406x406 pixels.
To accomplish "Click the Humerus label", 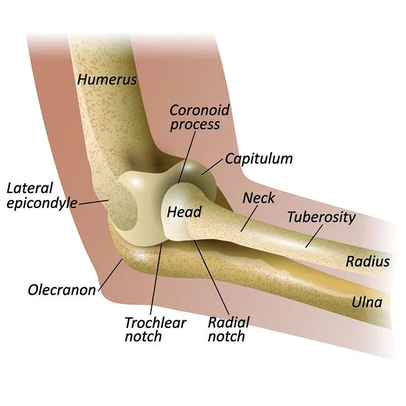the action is (107, 79).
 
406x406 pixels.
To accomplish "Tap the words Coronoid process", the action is (200, 117).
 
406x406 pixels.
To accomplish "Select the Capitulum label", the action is (259, 159).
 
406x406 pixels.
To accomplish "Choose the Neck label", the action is (259, 198).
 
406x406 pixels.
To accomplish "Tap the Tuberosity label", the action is (321, 217).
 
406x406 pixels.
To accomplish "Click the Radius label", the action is (368, 262).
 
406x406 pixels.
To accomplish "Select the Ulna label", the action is (367, 303).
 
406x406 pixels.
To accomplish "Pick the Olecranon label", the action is (61, 290).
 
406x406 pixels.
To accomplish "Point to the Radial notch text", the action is (228, 329).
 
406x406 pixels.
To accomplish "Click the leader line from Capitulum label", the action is (212, 167).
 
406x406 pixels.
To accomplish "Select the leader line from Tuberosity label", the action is (314, 235).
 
